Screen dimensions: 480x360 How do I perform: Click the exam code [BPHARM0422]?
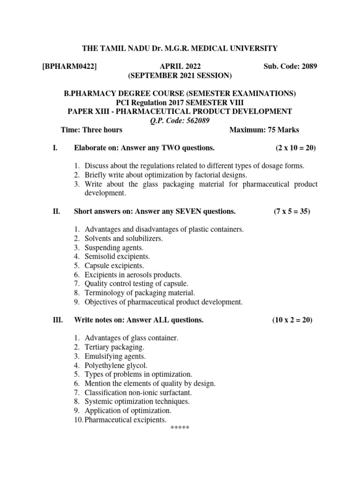69,67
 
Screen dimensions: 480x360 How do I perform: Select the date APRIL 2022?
180,67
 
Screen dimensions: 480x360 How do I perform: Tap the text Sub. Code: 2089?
291,67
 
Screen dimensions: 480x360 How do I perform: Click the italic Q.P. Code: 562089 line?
180,120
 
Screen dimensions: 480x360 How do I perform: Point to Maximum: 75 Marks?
264,130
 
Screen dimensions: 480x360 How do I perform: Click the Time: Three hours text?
92,130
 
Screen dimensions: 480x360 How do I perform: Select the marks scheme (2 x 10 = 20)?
296,148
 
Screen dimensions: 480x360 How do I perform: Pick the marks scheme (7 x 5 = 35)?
292,211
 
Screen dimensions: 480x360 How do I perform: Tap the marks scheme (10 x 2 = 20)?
292,320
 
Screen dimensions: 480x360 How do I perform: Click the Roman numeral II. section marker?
56,211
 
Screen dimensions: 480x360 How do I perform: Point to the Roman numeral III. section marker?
57,320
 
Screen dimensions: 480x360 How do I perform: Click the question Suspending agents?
114,247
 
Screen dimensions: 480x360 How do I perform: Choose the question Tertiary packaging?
115,347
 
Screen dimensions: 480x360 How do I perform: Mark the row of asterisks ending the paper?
180,428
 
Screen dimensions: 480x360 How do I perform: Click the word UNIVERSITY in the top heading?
254,48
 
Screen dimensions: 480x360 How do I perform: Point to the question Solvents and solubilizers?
124,239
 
